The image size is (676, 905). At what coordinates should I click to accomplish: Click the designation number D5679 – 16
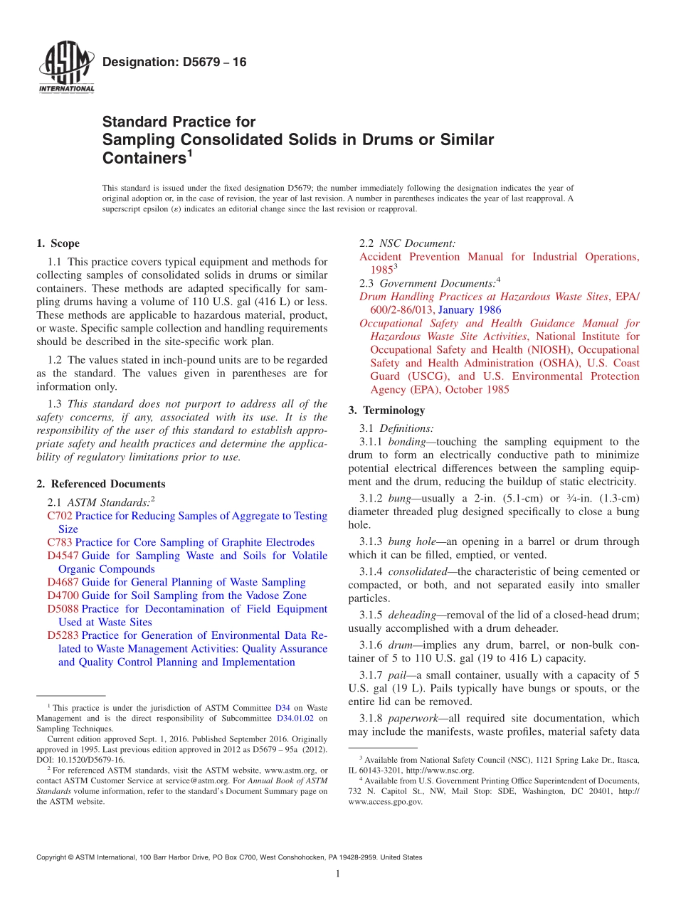pos(174,63)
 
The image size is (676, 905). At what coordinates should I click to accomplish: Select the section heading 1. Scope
pos(58,243)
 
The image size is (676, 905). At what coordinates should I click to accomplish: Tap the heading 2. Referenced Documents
pos(101,484)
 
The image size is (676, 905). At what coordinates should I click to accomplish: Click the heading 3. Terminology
pos(386,411)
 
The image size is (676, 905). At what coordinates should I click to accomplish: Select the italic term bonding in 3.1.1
pos(406,442)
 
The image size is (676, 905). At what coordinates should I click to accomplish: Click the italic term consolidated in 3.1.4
pos(419,571)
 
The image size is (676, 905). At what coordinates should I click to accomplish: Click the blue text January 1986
pos(469,309)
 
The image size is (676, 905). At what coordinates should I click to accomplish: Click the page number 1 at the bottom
pos(337,874)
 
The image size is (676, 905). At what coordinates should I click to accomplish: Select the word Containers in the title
pos(144,157)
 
